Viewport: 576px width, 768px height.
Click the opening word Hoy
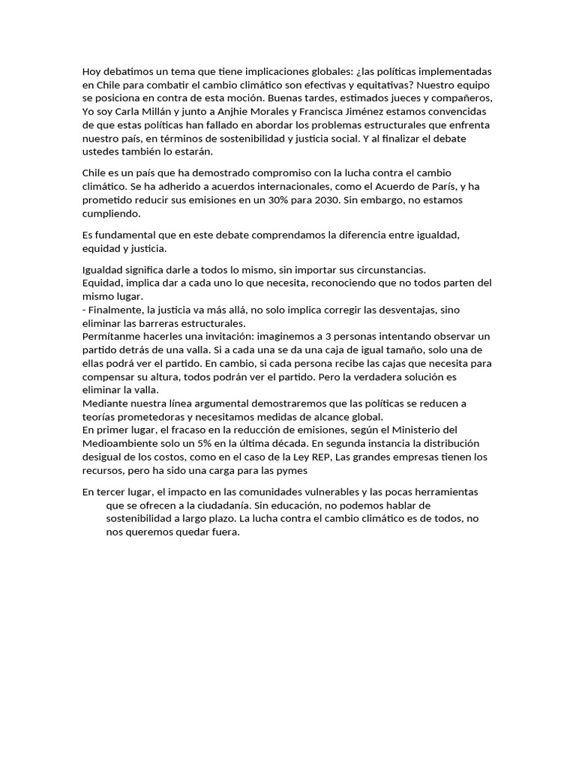click(x=92, y=71)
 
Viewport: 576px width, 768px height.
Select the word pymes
click(x=289, y=470)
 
